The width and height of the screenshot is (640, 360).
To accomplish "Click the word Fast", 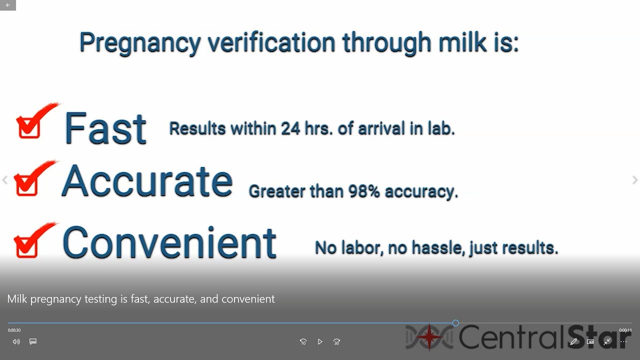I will pos(105,128).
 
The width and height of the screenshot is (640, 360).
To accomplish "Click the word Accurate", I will pos(147,181).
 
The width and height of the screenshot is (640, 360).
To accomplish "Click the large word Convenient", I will pos(169,242).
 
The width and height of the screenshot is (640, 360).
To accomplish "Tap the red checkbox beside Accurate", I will pos(26,184).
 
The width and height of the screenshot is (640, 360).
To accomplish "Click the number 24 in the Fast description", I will pos(290,128).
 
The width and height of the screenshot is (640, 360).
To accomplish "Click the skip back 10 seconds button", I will pos(303,342).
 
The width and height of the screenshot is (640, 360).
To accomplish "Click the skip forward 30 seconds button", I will pos(336,342).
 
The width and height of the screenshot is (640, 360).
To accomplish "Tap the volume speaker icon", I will pos(16,342).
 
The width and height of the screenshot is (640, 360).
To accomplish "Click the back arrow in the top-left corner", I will pos(8,5).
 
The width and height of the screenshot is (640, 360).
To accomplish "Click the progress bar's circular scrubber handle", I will pos(455,323).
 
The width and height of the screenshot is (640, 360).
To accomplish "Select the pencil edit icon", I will pos(573,342).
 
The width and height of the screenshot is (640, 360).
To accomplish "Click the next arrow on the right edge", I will pos(634,180).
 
